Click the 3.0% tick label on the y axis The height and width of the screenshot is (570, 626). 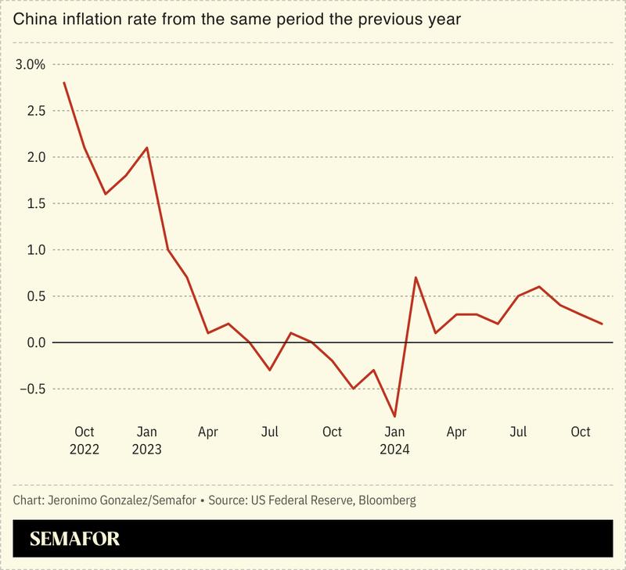[31, 64]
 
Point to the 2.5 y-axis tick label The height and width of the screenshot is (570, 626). [35, 110]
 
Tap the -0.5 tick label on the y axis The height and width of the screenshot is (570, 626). [32, 389]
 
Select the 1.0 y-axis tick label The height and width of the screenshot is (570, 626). [35, 249]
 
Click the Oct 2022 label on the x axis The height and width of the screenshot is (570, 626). [84, 440]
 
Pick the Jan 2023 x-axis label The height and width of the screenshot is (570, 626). [146, 440]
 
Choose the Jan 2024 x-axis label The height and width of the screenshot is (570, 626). [394, 440]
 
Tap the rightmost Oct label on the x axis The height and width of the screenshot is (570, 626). [581, 432]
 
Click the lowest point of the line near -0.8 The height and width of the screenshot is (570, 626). [394, 416]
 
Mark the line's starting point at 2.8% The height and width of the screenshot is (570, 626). [63, 82]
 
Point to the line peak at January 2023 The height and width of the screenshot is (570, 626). [146, 147]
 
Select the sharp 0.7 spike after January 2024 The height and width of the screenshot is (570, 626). [415, 278]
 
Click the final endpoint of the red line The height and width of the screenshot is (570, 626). [602, 324]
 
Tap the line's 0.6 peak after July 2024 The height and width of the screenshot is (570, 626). [539, 287]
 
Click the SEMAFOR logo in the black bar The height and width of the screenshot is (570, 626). [74, 540]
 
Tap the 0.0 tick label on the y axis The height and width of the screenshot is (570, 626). [35, 342]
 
